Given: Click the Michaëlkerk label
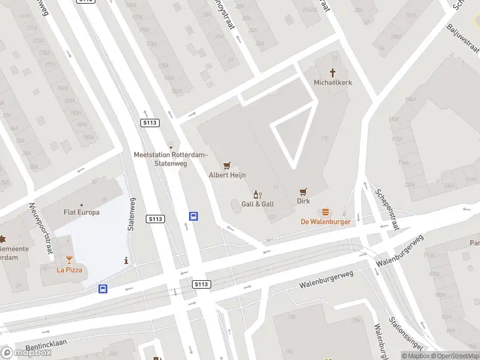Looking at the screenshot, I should click(332, 82).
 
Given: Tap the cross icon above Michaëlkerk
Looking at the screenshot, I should click(332, 72).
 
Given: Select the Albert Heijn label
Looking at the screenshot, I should click(227, 175).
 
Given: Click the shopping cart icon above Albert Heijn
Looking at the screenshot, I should click(227, 165).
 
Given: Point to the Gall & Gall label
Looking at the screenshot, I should click(257, 204).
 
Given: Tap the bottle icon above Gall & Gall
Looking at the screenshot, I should click(258, 194).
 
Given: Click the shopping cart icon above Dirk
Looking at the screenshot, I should click(304, 192).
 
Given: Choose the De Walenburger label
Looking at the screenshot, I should click(325, 221).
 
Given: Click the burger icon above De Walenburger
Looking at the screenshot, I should click(325, 212).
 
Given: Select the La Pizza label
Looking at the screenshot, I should click(69, 269).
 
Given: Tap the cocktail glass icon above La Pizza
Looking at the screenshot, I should click(69, 259).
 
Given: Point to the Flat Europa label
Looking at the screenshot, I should click(82, 212).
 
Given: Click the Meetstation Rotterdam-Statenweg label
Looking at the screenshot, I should click(170, 159).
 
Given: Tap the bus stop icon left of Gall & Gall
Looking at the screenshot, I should click(194, 217).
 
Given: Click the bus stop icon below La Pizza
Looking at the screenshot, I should click(103, 289).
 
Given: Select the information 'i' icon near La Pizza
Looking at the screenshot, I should click(125, 260).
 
